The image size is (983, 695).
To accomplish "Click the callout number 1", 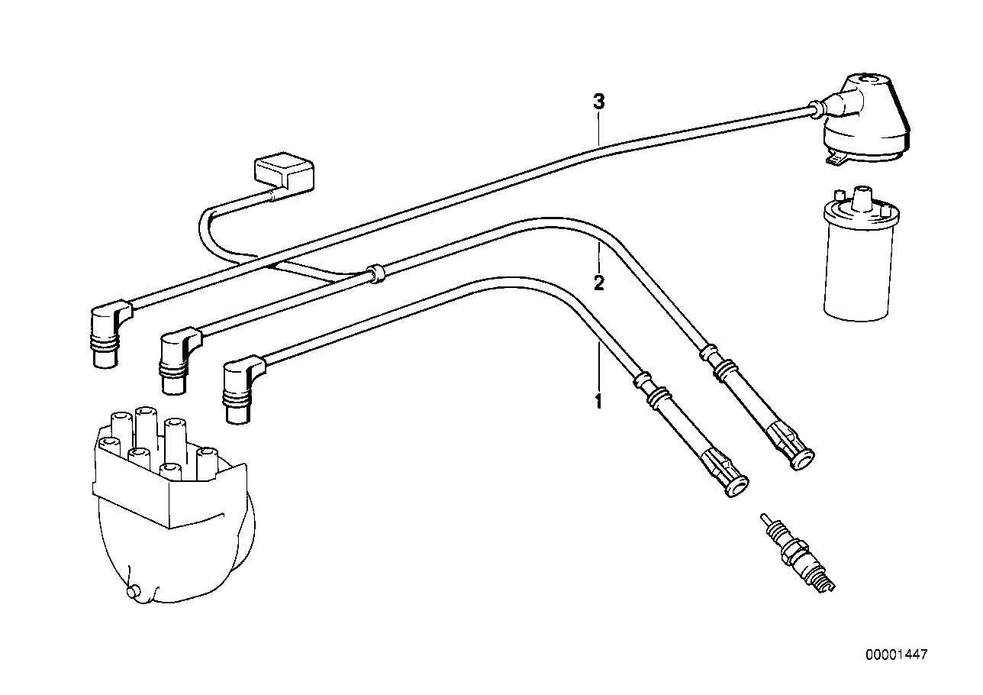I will tap(598, 400).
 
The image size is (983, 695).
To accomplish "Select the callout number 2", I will tap(598, 283).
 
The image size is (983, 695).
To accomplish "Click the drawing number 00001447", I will tap(896, 655).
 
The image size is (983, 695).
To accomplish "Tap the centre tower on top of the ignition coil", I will tap(863, 199).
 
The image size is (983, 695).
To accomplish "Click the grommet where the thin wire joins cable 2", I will tap(374, 273).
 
